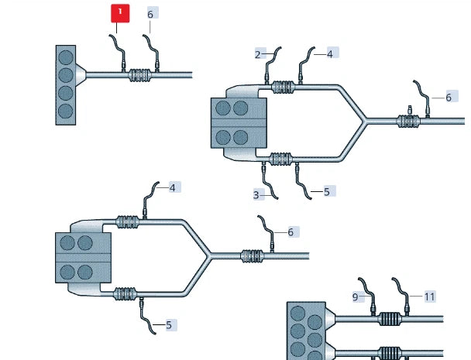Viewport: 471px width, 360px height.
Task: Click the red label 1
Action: (x=120, y=13)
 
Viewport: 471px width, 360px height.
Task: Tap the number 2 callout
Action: (x=258, y=55)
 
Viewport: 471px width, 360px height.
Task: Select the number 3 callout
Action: (x=256, y=195)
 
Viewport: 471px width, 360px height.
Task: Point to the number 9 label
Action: (x=356, y=297)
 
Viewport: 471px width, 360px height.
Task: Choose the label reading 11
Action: (x=429, y=297)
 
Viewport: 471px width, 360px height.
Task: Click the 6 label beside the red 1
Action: (x=150, y=14)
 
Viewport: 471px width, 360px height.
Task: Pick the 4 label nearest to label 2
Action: (x=330, y=54)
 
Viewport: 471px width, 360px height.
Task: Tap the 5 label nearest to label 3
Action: (x=327, y=191)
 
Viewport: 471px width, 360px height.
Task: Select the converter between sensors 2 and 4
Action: (x=282, y=87)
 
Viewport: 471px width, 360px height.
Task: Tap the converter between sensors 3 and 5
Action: (x=280, y=159)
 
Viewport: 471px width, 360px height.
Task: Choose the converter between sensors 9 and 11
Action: (x=390, y=319)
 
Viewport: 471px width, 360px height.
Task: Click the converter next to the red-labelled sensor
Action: (x=140, y=75)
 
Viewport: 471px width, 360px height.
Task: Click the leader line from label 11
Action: (x=416, y=297)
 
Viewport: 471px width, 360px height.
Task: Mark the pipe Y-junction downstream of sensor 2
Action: (x=364, y=121)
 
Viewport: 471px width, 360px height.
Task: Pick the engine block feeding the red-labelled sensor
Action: (x=66, y=85)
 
